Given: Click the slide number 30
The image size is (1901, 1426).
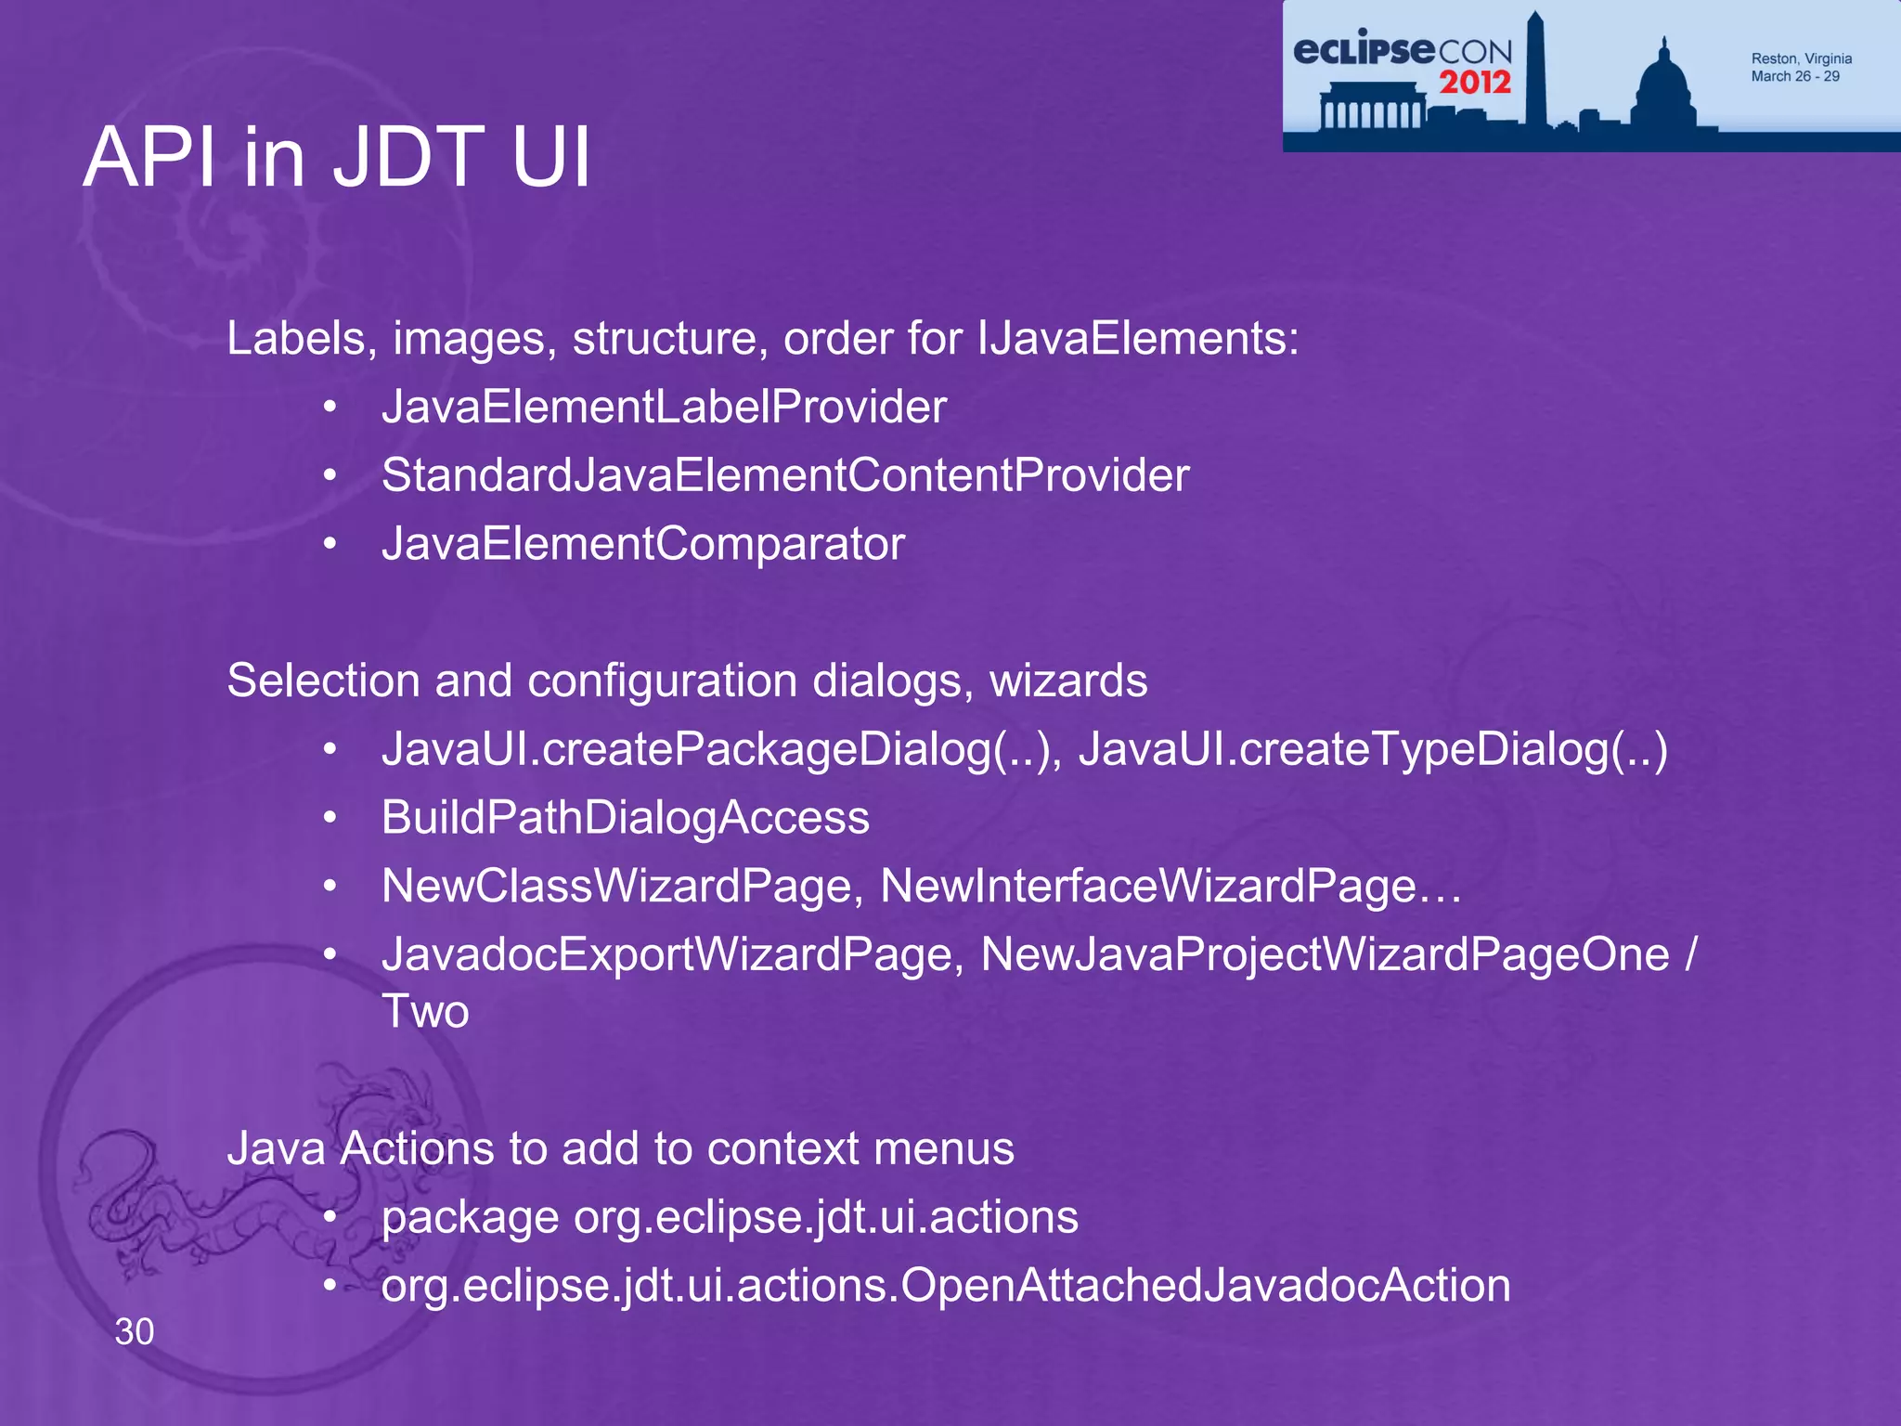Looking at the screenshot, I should (x=135, y=1331).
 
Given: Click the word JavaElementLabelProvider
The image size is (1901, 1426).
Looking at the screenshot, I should (x=664, y=407).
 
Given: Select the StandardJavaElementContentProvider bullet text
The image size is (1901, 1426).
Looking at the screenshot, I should (x=785, y=475).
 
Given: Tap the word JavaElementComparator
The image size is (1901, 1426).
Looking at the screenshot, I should (x=643, y=543).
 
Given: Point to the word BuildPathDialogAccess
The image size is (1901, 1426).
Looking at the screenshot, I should (x=626, y=818).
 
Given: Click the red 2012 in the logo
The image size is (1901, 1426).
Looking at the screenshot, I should (x=1475, y=83).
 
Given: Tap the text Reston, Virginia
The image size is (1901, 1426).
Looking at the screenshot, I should (x=1801, y=58).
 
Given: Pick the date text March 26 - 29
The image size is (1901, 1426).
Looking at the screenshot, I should (x=1795, y=76).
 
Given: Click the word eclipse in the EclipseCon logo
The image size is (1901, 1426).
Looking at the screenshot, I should (x=1363, y=48).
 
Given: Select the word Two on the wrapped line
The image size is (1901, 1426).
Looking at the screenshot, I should (x=425, y=1011).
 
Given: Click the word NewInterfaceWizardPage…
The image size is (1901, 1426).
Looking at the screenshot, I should (x=1170, y=886).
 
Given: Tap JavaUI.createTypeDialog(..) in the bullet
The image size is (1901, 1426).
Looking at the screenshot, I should (x=1372, y=749).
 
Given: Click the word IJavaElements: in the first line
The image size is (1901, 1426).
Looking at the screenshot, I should (x=1138, y=338).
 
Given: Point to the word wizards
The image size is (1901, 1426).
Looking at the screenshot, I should (x=1067, y=681).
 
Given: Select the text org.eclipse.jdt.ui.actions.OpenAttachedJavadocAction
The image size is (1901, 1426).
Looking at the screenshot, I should (x=946, y=1286).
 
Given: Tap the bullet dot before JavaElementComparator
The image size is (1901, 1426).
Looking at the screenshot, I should (x=330, y=544).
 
